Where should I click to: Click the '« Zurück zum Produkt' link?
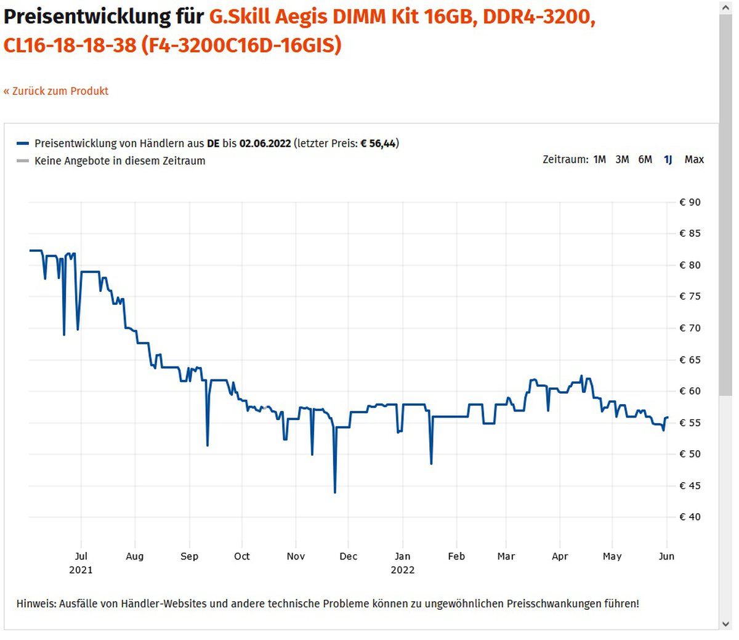coord(56,91)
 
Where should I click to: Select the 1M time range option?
coord(599,160)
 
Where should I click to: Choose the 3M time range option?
coord(622,160)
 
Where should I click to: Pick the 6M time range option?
coord(645,160)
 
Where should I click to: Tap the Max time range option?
coord(694,160)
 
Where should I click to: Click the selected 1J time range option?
coord(668,160)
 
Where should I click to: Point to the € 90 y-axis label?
coord(690,202)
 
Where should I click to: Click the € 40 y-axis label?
coord(690,517)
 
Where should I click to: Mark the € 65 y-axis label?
coord(690,360)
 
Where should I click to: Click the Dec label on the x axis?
coord(348,556)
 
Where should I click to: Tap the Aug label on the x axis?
coord(134,556)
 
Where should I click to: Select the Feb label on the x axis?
coord(456,556)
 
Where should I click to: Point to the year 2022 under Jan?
coord(402,570)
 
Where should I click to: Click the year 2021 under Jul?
coord(81,570)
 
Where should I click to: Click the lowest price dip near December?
coord(335,492)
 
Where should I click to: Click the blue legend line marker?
coord(23,144)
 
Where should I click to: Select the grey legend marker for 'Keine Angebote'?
coord(23,161)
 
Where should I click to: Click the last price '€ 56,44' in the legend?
coord(378,144)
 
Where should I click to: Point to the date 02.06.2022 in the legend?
coord(265,144)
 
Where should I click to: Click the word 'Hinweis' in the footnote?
coord(36,604)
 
